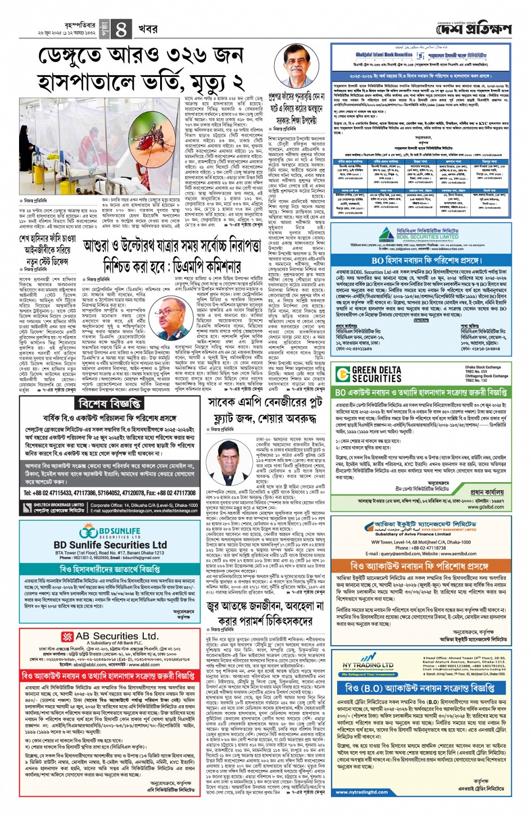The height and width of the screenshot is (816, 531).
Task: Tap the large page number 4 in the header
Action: pyautogui.click(x=121, y=29)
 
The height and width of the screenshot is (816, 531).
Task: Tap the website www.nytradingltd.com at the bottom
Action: pyautogui.click(x=361, y=792)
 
